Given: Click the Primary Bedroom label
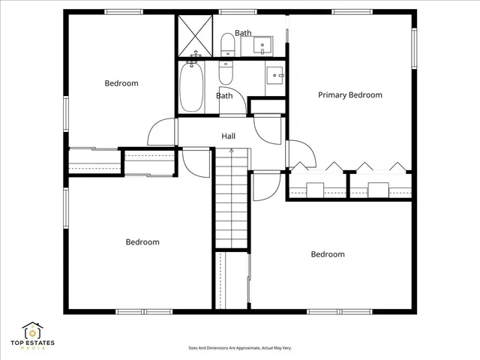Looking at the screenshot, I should [x=350, y=95].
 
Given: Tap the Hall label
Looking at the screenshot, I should [x=229, y=136].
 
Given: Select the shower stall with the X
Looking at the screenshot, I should [x=195, y=34].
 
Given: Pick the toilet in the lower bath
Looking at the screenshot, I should [x=226, y=73].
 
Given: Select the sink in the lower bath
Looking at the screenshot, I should [x=275, y=75].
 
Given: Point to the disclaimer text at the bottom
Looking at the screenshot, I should [x=239, y=348].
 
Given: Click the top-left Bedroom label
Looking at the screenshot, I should [x=121, y=83].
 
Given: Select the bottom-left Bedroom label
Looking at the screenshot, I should [x=142, y=242].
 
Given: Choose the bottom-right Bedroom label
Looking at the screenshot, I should [x=328, y=254].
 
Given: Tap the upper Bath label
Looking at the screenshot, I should [x=243, y=33].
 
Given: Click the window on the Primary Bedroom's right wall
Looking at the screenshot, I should [x=413, y=49].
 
